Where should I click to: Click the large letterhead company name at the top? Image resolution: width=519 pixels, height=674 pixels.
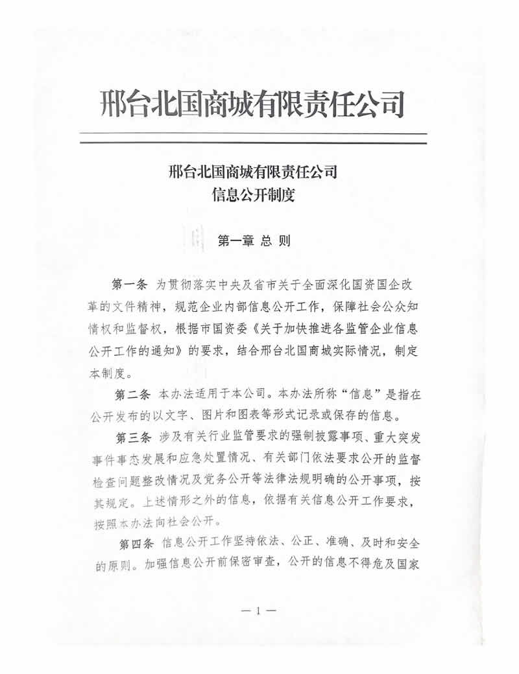[x=254, y=104]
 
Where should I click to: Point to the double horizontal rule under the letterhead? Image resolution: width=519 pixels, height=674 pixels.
[x=254, y=138]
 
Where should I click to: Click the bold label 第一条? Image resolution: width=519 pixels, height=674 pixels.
[x=130, y=285]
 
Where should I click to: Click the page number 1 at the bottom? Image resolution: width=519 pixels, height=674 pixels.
[x=258, y=610]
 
